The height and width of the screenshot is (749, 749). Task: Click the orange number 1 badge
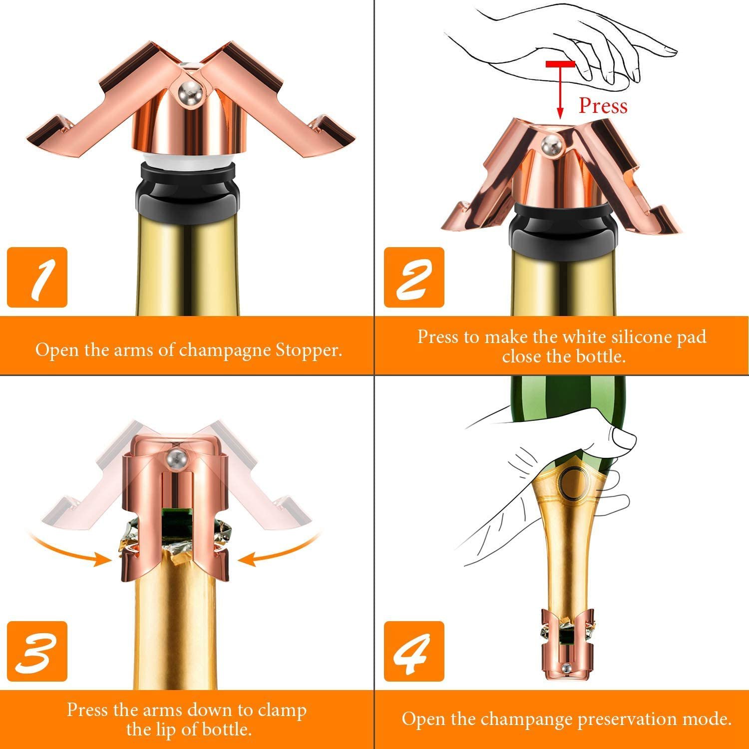(37, 277)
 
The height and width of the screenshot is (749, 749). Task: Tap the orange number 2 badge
(413, 277)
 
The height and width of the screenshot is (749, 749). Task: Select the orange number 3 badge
(37, 652)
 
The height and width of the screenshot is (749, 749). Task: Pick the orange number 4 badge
(413, 652)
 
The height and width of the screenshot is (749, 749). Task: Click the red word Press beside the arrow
(602, 106)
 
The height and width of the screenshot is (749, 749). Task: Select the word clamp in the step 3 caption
(282, 710)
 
